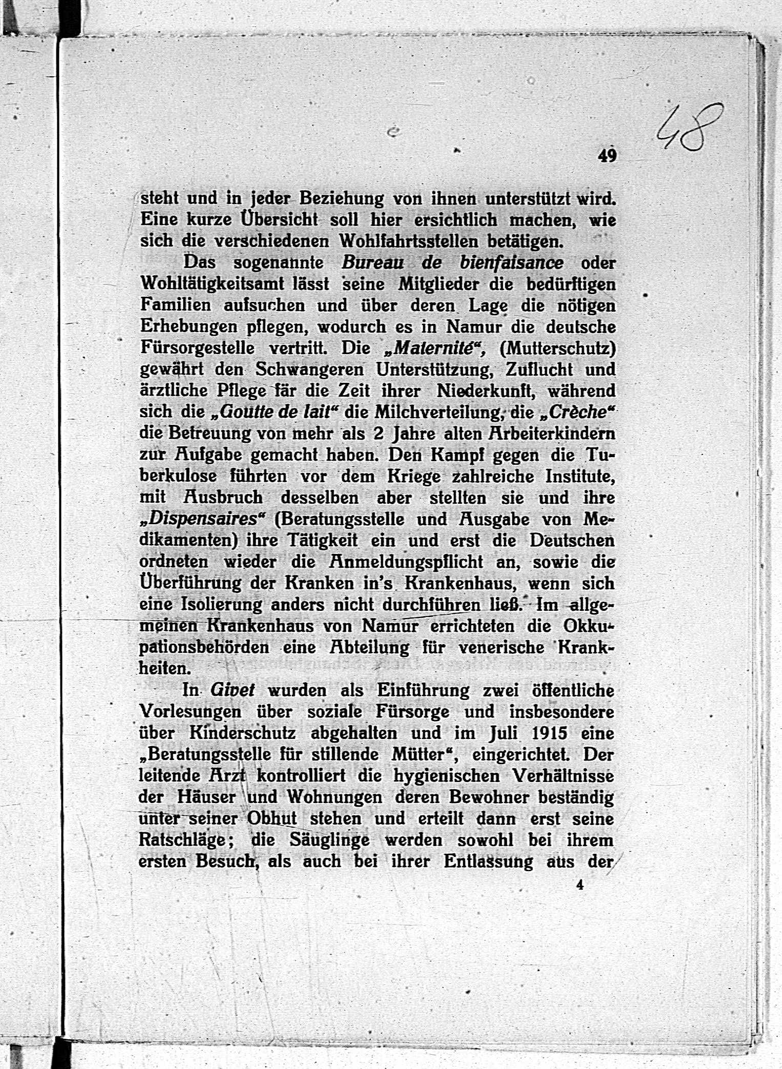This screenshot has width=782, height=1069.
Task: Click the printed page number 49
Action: click(x=607, y=156)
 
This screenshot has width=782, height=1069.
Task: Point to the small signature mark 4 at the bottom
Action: click(x=580, y=884)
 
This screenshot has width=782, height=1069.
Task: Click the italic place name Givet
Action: click(x=233, y=690)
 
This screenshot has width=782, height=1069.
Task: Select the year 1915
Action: click(x=549, y=733)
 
